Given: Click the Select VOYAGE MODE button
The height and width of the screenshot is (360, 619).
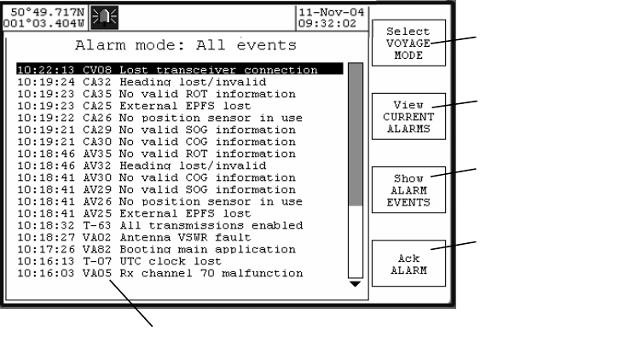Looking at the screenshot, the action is pos(408,43).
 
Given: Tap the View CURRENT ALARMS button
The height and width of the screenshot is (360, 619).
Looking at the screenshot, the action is pos(408,117).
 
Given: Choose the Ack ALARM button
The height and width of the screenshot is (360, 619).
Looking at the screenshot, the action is pos(408,264).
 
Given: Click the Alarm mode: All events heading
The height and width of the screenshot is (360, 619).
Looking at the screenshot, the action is pos(186,44).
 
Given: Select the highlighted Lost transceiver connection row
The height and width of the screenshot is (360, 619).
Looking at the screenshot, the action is pos(179,69).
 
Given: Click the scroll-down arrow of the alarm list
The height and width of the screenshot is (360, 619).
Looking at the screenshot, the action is pos(356,283).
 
